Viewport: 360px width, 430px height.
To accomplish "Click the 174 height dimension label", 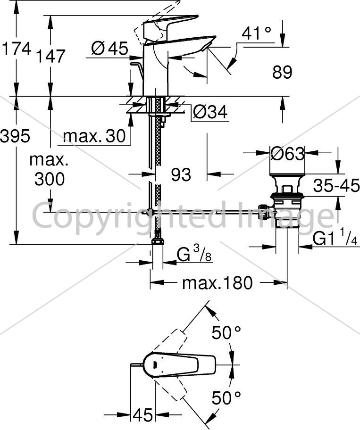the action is (x=17, y=50).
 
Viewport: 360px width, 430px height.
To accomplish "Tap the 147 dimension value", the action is (x=51, y=56).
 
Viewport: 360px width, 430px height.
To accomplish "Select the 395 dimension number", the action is (x=15, y=136).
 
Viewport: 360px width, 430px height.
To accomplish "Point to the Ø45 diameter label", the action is (x=110, y=49).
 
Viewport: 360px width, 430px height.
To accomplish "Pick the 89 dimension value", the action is (x=282, y=73).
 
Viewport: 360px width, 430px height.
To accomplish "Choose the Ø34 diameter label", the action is (x=210, y=112).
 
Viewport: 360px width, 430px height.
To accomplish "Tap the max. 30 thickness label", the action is (x=94, y=136).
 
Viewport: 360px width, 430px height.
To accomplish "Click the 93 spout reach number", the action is (x=181, y=174).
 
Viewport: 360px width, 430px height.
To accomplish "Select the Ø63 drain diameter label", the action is (x=287, y=154).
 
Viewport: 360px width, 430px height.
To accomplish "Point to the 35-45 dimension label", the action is (x=336, y=185).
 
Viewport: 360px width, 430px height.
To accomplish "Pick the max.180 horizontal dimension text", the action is (x=218, y=283).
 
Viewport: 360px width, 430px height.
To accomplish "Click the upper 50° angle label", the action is (x=226, y=333).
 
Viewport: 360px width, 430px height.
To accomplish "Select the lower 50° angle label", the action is (x=226, y=398).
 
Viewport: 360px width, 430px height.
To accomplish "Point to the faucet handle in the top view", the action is (x=179, y=365).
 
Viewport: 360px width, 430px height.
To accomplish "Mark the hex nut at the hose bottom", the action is (x=158, y=241).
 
